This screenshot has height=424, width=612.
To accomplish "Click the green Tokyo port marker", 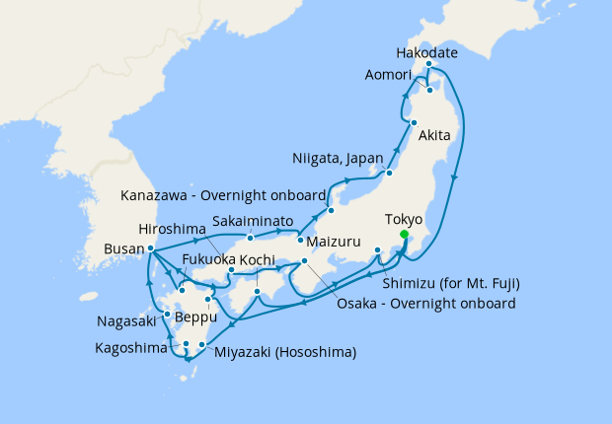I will (405, 235).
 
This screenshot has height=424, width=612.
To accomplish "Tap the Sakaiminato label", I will (255, 223).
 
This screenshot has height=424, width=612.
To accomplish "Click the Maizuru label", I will (336, 241).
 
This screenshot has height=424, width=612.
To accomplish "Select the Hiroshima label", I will (172, 225).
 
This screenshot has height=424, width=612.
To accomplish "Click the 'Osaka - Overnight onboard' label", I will (425, 303).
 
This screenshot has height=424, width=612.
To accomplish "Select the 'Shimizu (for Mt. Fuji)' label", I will (449, 283).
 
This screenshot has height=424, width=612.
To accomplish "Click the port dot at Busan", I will (150, 248).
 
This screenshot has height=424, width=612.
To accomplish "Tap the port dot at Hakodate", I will (428, 65).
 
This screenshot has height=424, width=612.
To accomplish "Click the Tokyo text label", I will (404, 219).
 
